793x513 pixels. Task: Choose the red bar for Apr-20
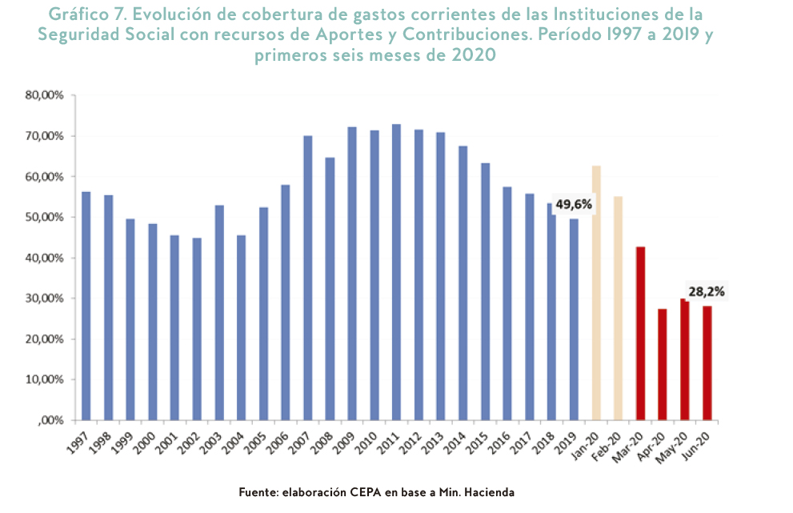pos(662,364)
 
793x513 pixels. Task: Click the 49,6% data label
pos(574,205)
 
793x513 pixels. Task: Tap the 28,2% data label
pos(706,292)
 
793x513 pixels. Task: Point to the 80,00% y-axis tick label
pos(44,95)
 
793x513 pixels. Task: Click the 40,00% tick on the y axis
pos(44,258)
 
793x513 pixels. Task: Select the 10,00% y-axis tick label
pos(44,380)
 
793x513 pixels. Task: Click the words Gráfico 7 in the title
pos(89,15)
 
